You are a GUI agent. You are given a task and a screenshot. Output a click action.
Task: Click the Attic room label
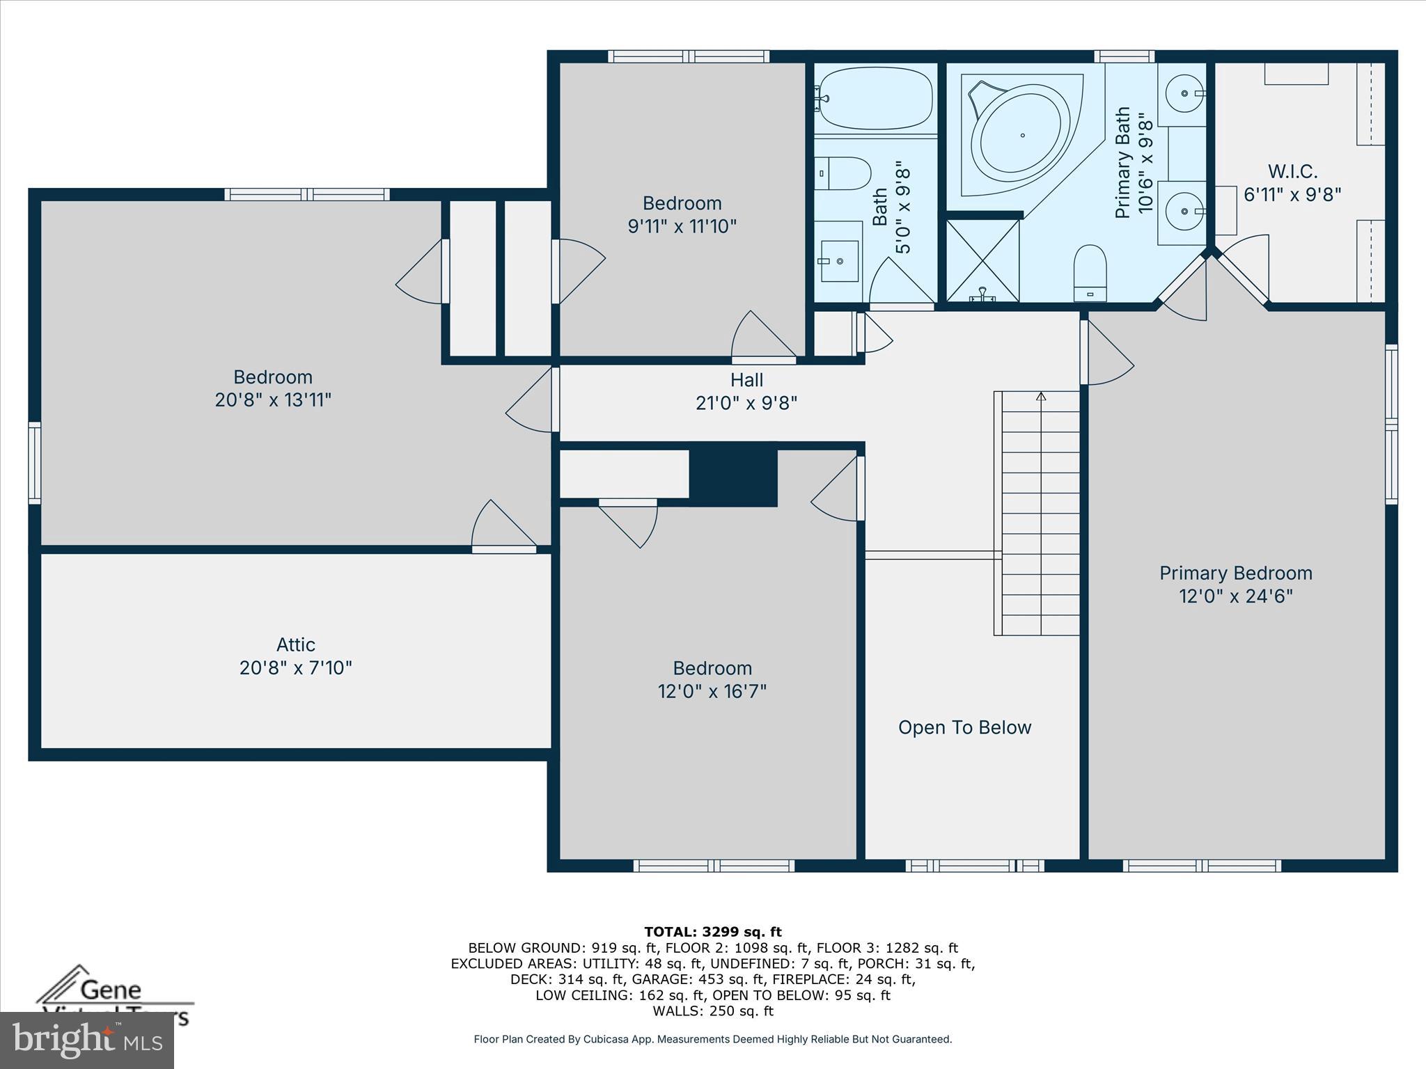295,644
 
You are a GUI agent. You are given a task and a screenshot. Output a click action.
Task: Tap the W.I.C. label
1292,171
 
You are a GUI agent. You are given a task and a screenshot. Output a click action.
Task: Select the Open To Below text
964,727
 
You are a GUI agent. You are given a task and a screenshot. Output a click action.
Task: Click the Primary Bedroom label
1235,573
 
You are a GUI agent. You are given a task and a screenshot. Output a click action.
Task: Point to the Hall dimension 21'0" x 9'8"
746,403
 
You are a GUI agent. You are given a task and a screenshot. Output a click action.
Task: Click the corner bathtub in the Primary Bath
1021,136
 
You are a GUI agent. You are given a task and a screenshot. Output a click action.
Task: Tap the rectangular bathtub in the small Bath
875,98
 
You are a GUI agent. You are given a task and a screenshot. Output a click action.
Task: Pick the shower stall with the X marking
982,260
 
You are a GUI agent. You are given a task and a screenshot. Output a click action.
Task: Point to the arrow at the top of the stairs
1041,397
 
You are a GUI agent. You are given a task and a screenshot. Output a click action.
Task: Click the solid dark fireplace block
733,475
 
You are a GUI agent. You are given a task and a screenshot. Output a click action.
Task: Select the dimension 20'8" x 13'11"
273,400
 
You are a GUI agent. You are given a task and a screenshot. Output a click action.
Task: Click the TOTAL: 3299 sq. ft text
712,932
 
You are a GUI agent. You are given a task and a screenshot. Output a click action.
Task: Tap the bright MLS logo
87,1040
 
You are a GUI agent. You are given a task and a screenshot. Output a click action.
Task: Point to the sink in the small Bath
839,261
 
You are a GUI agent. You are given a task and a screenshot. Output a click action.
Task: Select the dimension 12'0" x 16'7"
712,691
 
